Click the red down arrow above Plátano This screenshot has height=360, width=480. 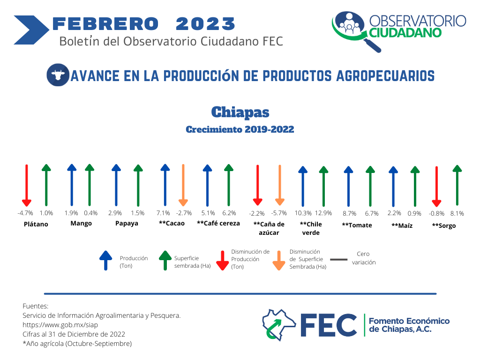coord(27,186)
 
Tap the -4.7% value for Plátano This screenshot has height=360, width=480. coord(25,213)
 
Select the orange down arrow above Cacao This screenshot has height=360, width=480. coord(183,185)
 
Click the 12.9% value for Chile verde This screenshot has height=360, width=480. coord(323,213)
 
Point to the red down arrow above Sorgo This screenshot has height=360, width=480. coord(436,187)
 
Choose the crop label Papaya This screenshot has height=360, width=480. coord(127,224)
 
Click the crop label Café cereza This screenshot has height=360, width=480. coord(218,223)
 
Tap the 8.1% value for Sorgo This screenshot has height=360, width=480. coord(457,213)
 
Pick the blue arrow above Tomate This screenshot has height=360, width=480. coord(348,187)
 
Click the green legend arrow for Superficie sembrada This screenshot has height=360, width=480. coord(165,261)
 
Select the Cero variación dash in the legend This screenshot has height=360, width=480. coord(339,260)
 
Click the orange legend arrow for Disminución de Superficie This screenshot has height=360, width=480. coord(279,261)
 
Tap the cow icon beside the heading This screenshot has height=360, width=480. coord(58,75)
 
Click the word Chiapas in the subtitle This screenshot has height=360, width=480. coord(240,112)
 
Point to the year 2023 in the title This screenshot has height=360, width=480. coord(205,24)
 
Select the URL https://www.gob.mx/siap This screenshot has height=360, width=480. coord(60,325)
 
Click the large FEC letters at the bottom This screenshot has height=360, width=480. coord(329,325)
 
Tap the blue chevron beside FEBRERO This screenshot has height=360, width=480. coord(31,30)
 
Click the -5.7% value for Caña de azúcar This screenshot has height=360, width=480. coord(279,213)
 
